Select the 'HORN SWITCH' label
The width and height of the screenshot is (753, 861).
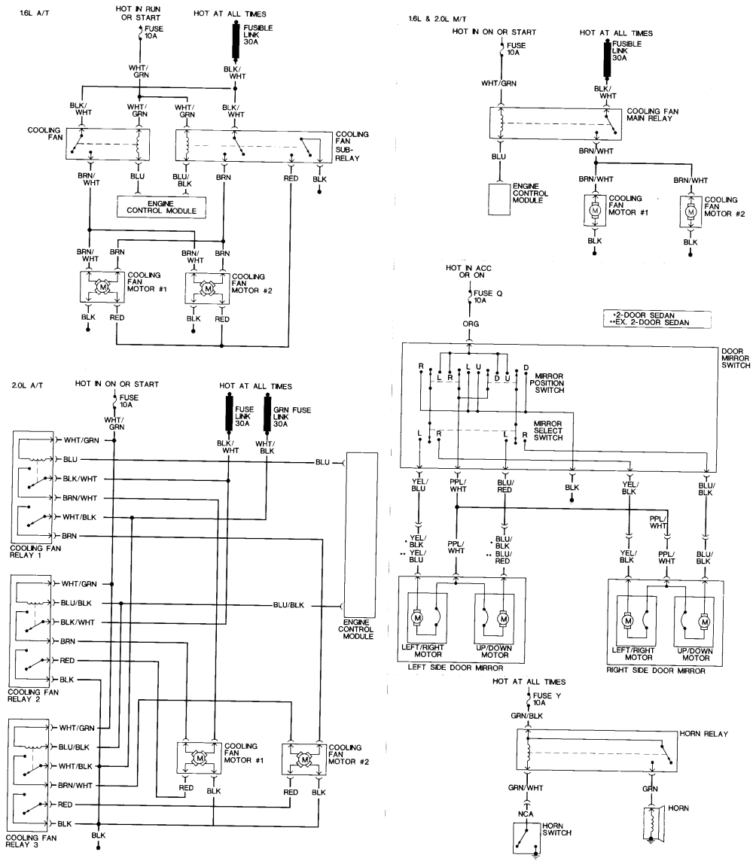point(556,830)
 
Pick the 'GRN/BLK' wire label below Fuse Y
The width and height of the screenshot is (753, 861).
point(527,717)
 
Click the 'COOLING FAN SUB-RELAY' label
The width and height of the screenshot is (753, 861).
point(352,146)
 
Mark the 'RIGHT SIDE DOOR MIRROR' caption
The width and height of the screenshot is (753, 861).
point(655,669)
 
